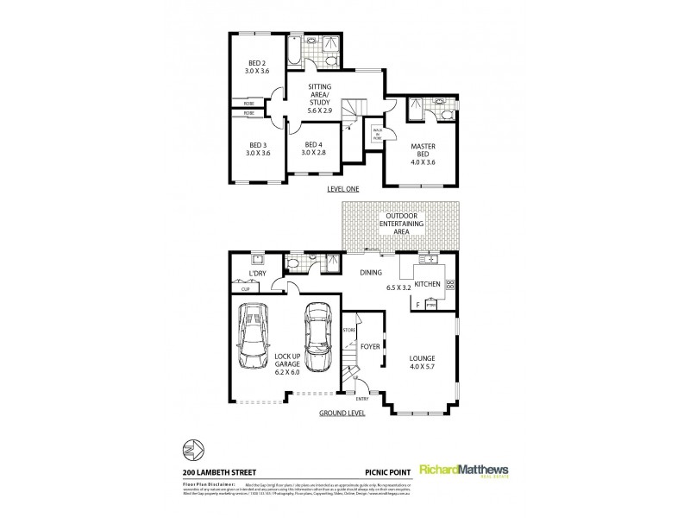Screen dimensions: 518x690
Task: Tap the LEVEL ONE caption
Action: [342, 188]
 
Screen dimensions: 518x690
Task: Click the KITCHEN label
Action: [428, 284]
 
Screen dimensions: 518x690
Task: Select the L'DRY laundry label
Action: [255, 275]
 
